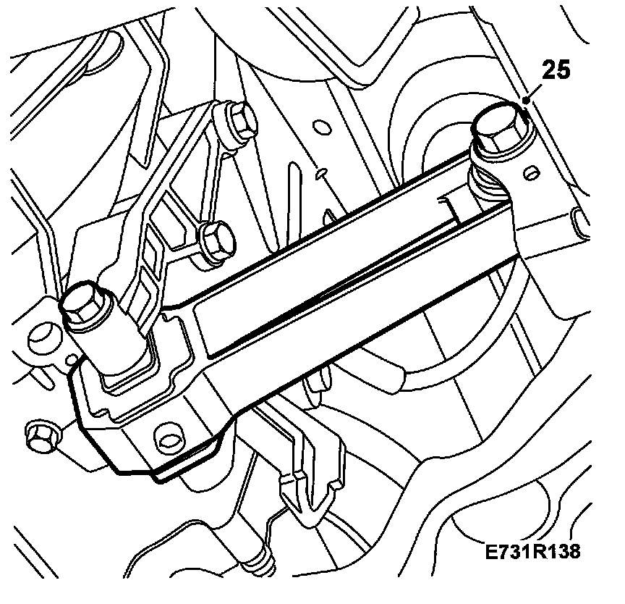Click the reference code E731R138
(x=533, y=552)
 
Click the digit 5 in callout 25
(x=564, y=71)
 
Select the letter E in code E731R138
(x=492, y=552)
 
